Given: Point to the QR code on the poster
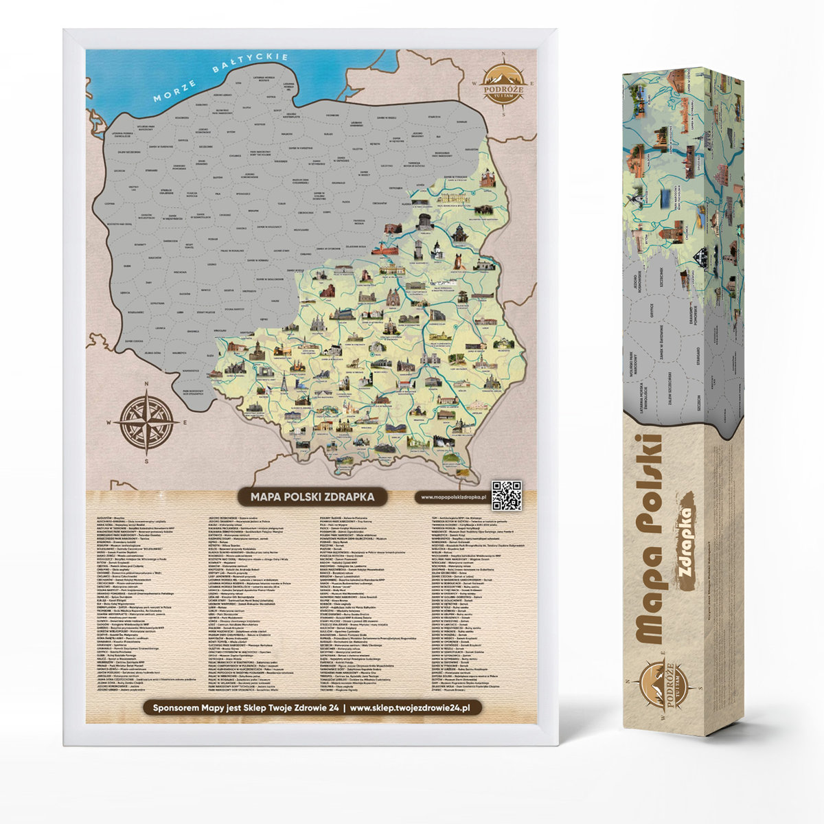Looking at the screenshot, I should tap(507, 496).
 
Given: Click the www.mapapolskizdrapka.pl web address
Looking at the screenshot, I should tap(453, 496).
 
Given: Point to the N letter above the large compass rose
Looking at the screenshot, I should tap(146, 385).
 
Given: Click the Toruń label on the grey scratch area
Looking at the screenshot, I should tap(280, 204).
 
